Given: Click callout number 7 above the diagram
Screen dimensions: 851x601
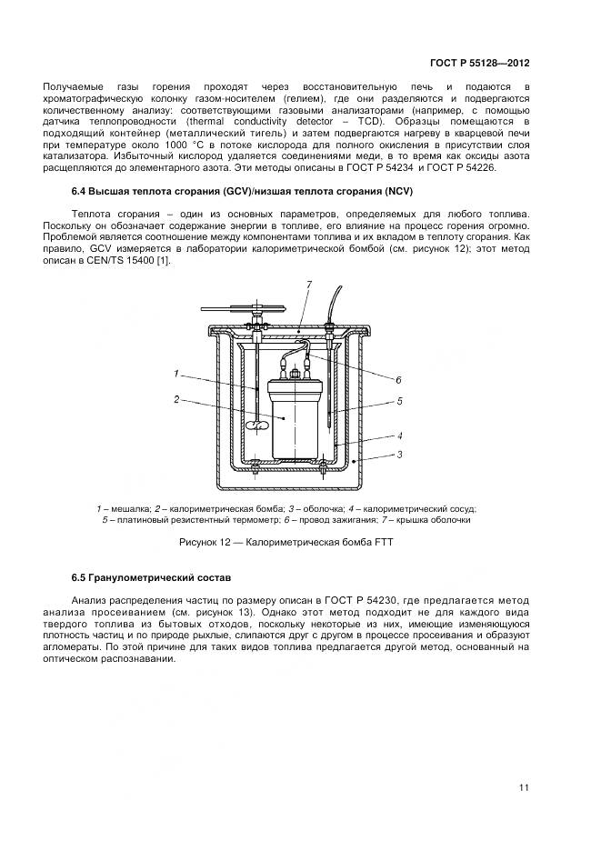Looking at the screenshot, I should point(308,285).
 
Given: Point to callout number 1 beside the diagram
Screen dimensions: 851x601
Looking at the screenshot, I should point(176,373).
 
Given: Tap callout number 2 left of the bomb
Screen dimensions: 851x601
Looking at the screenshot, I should point(176,398).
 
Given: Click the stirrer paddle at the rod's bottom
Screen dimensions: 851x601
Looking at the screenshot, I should point(259,423).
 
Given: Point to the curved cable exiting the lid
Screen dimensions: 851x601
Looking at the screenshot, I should point(337,300).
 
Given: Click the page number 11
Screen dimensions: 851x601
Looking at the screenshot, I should point(524,787).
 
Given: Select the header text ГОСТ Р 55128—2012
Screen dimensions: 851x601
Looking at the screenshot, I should point(479,64).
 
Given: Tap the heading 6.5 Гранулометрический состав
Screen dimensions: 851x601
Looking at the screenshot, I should point(151,577).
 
